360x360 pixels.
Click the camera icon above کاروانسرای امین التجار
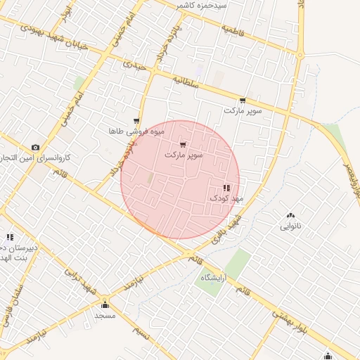(35, 147)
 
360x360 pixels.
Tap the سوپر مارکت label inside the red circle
(184, 154)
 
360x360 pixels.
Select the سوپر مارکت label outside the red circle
(243, 111)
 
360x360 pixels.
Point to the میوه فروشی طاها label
(136, 131)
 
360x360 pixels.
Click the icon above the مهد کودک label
(226, 188)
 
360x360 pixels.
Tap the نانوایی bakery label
(291, 226)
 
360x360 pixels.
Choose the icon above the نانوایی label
(291, 215)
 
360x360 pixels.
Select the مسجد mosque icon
(105, 304)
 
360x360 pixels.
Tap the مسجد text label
(105, 316)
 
